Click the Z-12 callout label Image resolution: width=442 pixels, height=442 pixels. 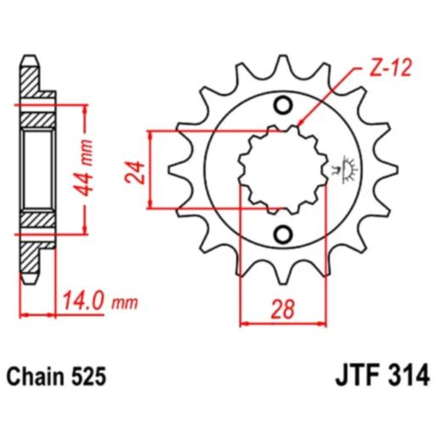click(390, 68)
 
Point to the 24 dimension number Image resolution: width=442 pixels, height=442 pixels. click(134, 173)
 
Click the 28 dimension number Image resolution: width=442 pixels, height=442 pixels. click(282, 309)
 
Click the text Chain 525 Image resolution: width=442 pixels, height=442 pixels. click(56, 377)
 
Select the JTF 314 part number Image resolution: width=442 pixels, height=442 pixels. click(382, 376)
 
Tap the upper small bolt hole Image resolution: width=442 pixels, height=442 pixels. click(283, 105)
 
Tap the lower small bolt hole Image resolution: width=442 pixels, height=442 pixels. click(283, 235)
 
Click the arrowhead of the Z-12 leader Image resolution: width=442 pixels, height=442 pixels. click(300, 122)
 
